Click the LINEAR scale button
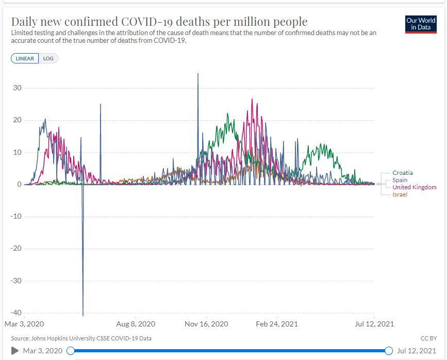click(x=24, y=58)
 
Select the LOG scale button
click(x=48, y=58)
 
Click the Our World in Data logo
click(x=421, y=24)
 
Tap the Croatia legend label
click(x=402, y=173)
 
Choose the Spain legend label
click(x=400, y=180)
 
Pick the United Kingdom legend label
click(x=414, y=187)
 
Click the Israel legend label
click(x=400, y=194)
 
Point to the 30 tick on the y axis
click(x=18, y=88)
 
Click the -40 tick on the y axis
click(x=16, y=313)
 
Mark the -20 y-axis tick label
click(x=16, y=249)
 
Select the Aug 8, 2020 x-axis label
click(x=136, y=324)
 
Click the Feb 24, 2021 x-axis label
click(x=277, y=324)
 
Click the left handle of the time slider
click(x=71, y=351)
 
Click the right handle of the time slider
click(x=389, y=351)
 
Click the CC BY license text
click(x=428, y=338)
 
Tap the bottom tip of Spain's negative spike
click(x=83, y=316)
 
